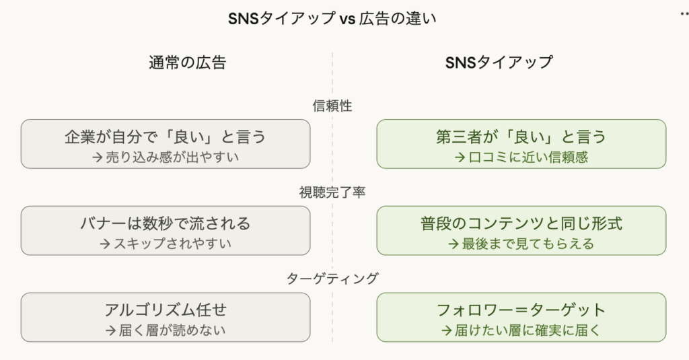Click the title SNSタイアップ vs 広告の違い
click(332, 18)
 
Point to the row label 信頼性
click(332, 106)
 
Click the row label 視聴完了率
click(332, 192)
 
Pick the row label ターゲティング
click(332, 278)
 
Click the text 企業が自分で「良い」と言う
click(166, 137)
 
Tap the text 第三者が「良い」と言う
click(521, 137)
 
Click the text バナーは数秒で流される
click(166, 223)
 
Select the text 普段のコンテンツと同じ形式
click(521, 223)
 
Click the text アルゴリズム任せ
click(166, 310)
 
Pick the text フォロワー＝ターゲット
click(521, 310)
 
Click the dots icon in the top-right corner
click(684, 13)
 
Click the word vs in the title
click(347, 19)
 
